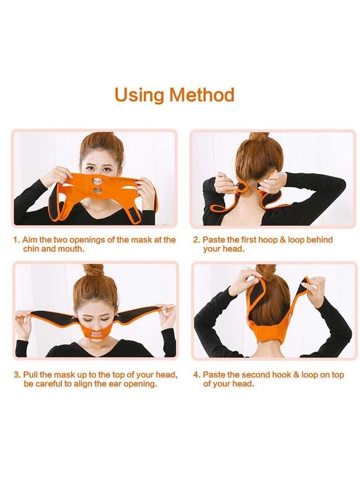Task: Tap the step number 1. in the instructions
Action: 17,240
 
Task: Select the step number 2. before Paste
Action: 197,240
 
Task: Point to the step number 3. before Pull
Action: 17,375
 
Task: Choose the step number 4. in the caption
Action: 197,375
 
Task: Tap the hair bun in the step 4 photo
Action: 266,272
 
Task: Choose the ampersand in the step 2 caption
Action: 283,240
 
